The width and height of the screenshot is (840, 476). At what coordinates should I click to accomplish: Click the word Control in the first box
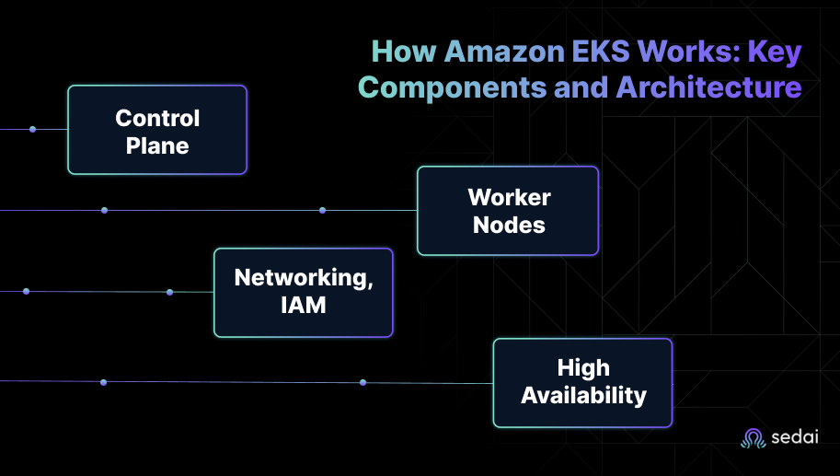point(157,118)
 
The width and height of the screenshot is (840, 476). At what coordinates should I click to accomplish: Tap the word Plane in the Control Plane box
point(157,145)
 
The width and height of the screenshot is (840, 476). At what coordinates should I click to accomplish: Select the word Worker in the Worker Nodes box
point(509,197)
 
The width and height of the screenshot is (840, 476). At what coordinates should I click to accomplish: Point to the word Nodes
point(509,225)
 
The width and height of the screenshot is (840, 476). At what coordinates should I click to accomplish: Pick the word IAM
point(304,305)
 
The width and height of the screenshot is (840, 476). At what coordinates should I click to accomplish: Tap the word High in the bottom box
point(583,368)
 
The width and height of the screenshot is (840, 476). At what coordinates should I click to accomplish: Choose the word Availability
point(583,396)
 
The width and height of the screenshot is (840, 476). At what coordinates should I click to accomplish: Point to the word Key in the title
point(774,52)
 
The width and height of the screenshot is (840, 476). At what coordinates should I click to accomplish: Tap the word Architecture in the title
point(708,87)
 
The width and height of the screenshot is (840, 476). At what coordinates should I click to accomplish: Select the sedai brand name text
point(794,439)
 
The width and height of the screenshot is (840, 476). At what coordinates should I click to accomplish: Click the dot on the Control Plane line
point(32,129)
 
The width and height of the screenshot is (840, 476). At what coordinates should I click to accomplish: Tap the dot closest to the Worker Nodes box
point(322,210)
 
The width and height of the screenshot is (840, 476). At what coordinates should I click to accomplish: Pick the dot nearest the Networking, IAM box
point(169,292)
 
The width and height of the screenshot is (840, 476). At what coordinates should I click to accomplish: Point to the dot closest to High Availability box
point(362,382)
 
